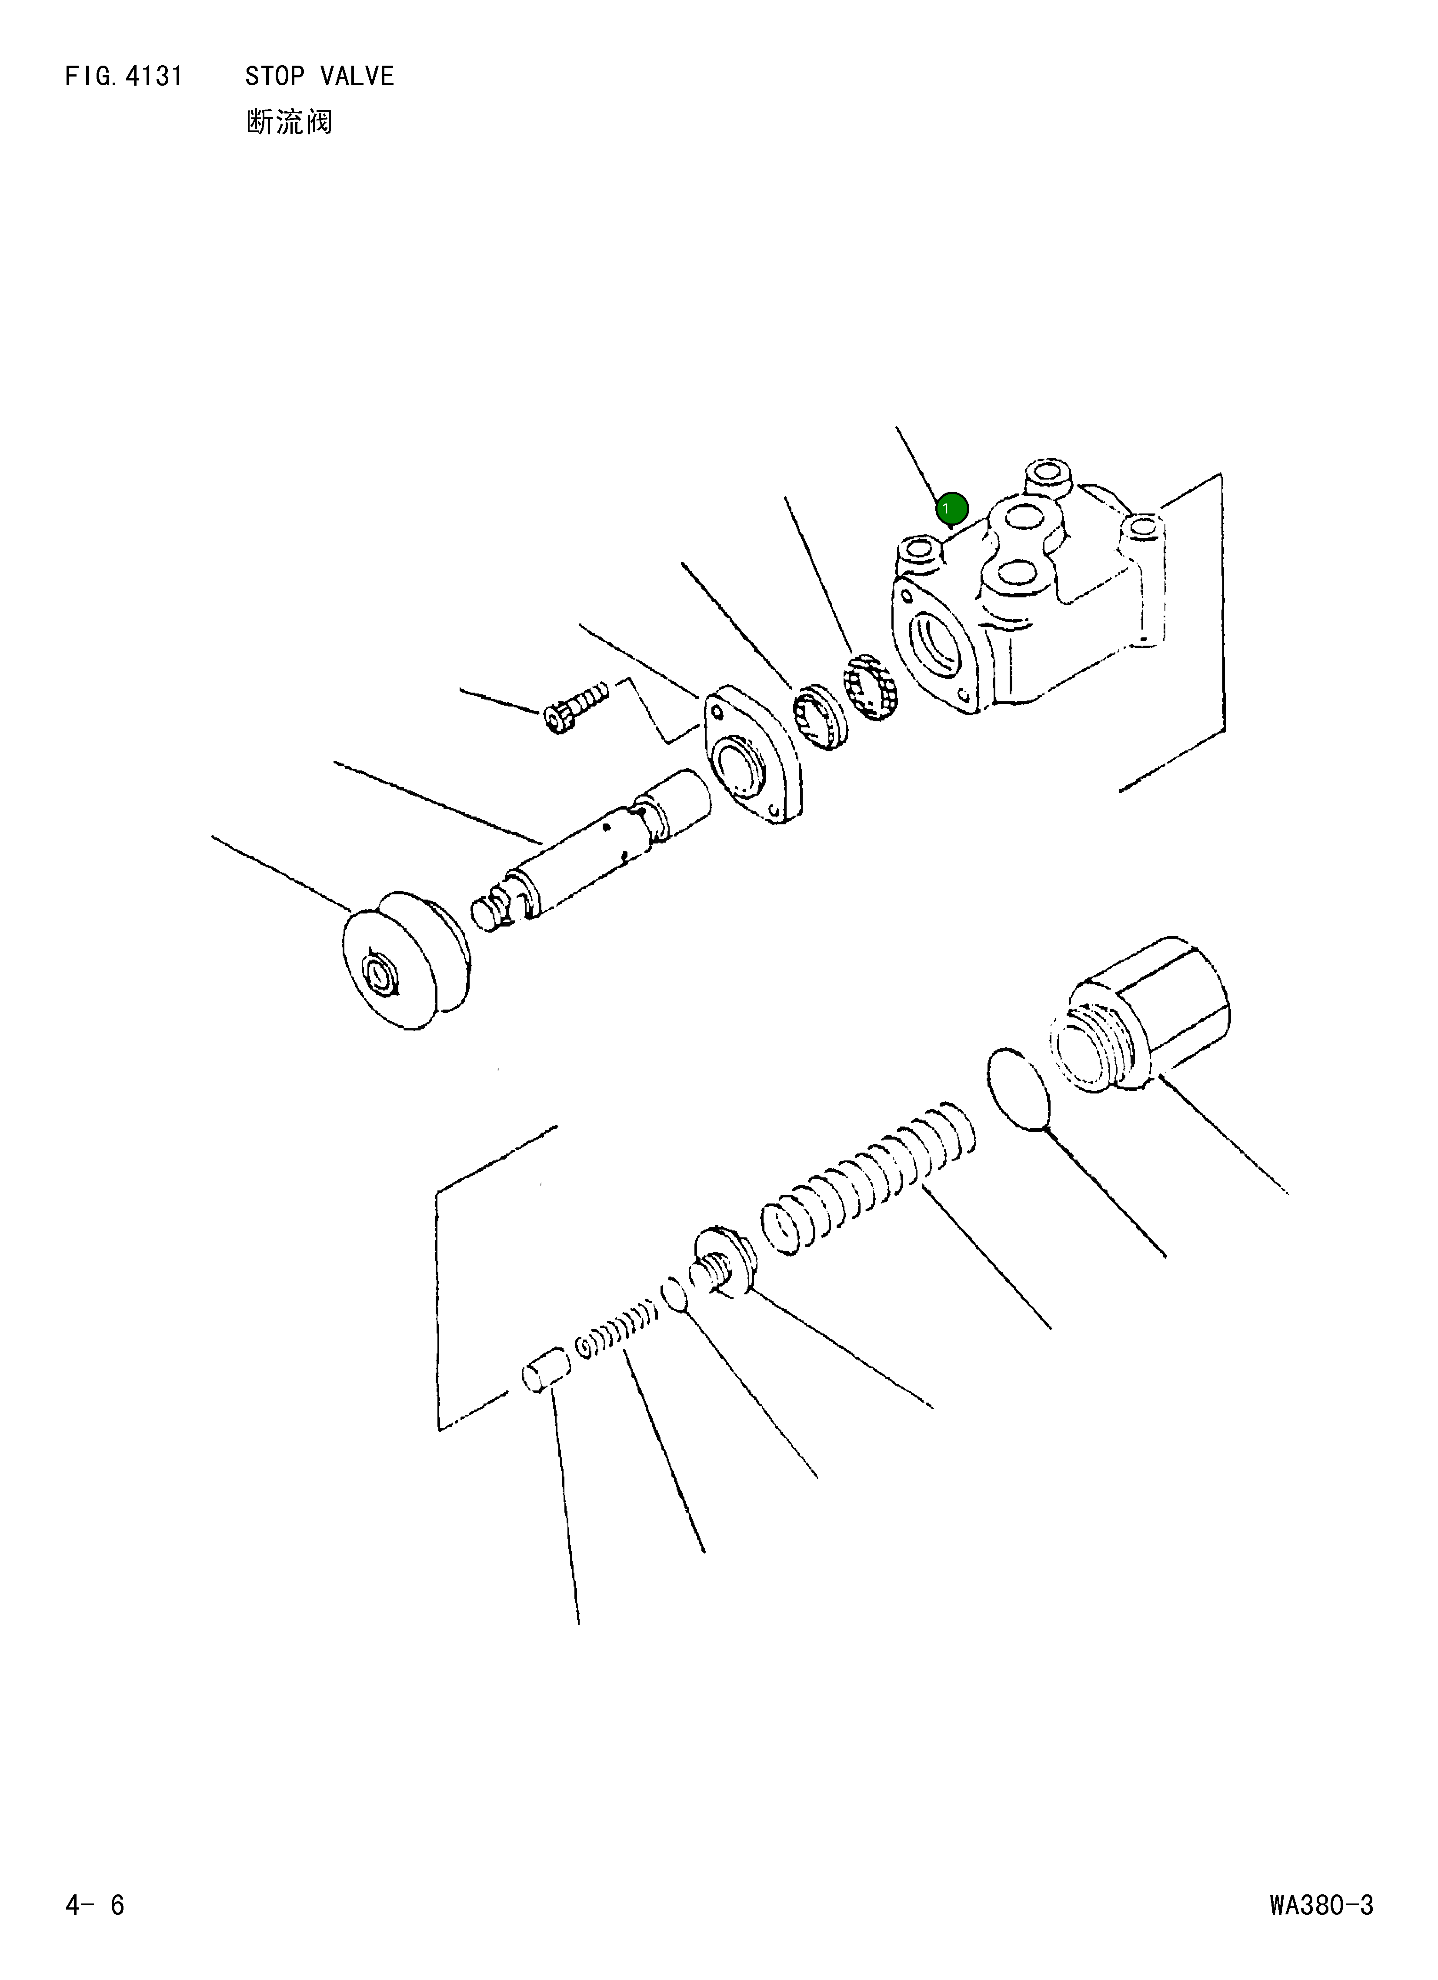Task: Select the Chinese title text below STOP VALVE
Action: point(289,122)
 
